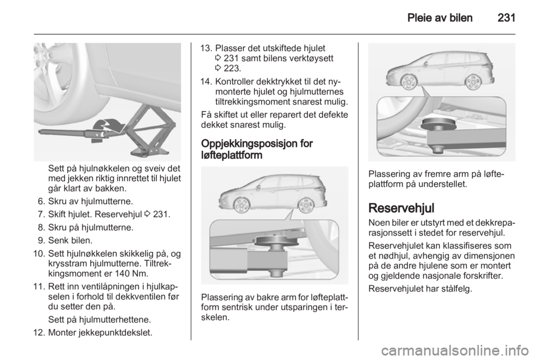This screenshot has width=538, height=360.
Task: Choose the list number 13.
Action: (x=205, y=48)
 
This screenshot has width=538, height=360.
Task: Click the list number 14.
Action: (x=205, y=82)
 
